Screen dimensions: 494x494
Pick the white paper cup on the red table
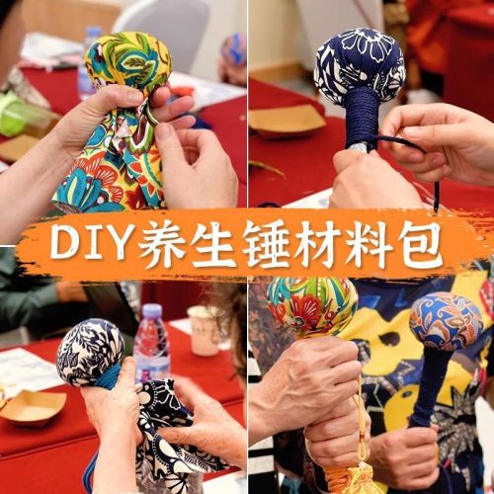pyautogui.click(x=205, y=330)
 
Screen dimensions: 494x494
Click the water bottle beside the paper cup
pyautogui.click(x=152, y=343)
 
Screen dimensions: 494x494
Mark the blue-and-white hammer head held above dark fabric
pyautogui.click(x=91, y=353)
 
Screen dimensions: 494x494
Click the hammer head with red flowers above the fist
pyautogui.click(x=312, y=307)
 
